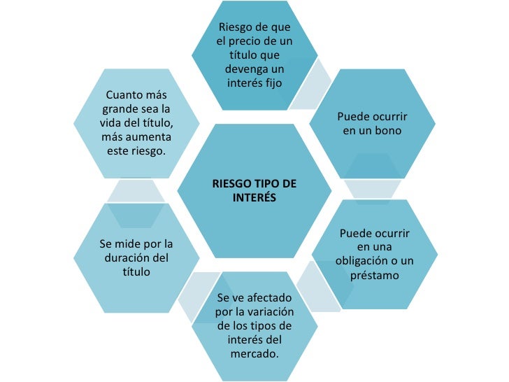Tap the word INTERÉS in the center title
coord(254,198)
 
